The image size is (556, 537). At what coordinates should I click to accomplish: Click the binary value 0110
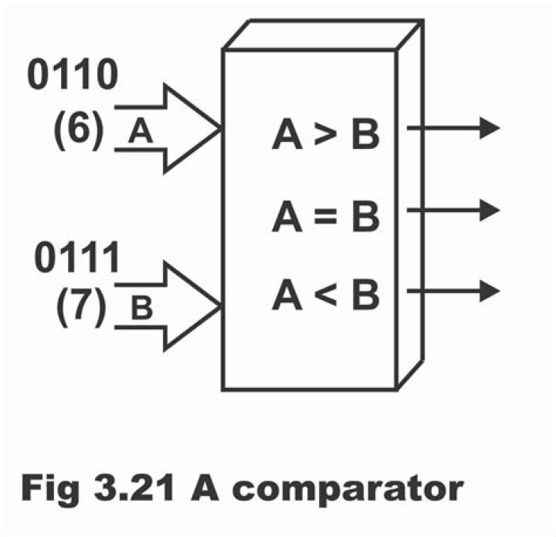pyautogui.click(x=73, y=76)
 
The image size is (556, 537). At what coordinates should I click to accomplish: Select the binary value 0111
pyautogui.click(x=76, y=258)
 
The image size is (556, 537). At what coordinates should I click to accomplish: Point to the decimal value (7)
pyautogui.click(x=81, y=308)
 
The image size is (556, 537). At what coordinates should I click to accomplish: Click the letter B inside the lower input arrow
pyautogui.click(x=140, y=311)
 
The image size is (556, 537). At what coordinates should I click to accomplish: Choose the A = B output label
pyautogui.click(x=325, y=217)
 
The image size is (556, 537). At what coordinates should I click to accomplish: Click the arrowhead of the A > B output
pyautogui.click(x=490, y=128)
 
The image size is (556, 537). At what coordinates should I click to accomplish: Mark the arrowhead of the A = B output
pyautogui.click(x=490, y=209)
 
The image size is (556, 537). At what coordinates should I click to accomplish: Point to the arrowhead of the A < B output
pyautogui.click(x=490, y=291)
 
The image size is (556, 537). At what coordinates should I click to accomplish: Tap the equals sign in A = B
pyautogui.click(x=325, y=218)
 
